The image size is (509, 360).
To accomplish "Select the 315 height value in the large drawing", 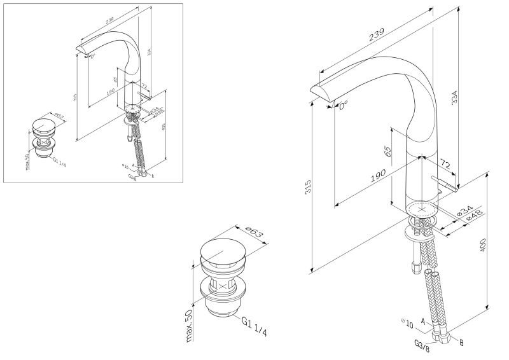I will [309, 187].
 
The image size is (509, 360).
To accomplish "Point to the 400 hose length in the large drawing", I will [483, 244].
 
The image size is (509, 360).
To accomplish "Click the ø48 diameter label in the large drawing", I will [473, 216].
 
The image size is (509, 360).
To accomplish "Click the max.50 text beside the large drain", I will [189, 324].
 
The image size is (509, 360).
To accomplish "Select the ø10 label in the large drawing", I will [407, 322].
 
